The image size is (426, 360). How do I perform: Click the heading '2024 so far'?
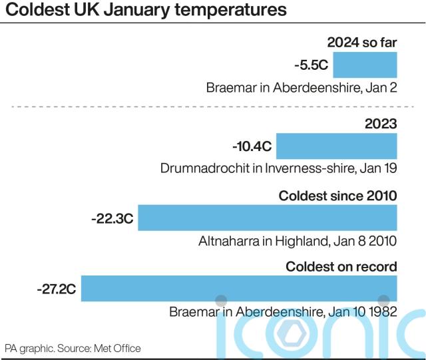click(x=362, y=43)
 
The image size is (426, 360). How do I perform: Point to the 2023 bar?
click(x=336, y=145)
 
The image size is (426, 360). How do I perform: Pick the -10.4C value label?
click(x=252, y=145)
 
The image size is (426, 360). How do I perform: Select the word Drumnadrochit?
click(x=202, y=168)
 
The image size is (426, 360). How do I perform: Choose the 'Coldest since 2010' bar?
click(x=267, y=217)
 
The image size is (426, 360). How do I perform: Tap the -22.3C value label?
click(x=112, y=217)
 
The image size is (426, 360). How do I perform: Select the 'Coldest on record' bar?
click(x=238, y=289)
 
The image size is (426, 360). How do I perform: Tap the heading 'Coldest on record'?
click(x=341, y=267)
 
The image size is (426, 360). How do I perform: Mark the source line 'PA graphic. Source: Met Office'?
click(x=73, y=348)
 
